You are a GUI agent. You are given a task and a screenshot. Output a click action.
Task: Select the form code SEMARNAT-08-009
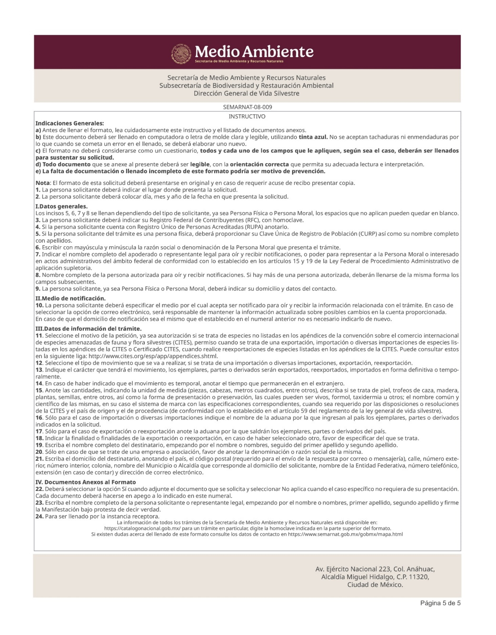[247, 107]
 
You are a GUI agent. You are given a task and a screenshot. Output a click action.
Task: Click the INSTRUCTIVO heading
[247, 116]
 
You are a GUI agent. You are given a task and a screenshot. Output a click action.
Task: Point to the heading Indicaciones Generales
[70, 123]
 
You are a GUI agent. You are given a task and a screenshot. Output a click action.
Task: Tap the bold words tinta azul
[313, 137]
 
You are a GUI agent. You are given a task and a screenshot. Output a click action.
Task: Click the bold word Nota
[42, 183]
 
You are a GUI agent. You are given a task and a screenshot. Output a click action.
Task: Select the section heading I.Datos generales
[61, 206]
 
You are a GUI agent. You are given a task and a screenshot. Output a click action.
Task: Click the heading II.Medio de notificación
[71, 298]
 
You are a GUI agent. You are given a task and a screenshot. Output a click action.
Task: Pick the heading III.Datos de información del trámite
[88, 329]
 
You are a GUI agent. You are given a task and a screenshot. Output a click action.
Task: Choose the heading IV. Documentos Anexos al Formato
[85, 482]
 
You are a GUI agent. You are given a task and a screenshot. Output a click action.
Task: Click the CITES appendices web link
[153, 356]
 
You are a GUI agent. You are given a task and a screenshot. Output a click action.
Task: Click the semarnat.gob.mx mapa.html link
[345, 534]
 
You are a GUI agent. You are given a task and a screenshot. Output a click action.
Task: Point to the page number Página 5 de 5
[440, 603]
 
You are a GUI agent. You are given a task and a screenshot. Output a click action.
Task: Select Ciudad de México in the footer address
[375, 585]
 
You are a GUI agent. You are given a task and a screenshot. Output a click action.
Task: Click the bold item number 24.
[39, 516]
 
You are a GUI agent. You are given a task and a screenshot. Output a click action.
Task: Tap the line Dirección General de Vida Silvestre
[246, 93]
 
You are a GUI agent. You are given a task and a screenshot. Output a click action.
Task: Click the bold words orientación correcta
[259, 164]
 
